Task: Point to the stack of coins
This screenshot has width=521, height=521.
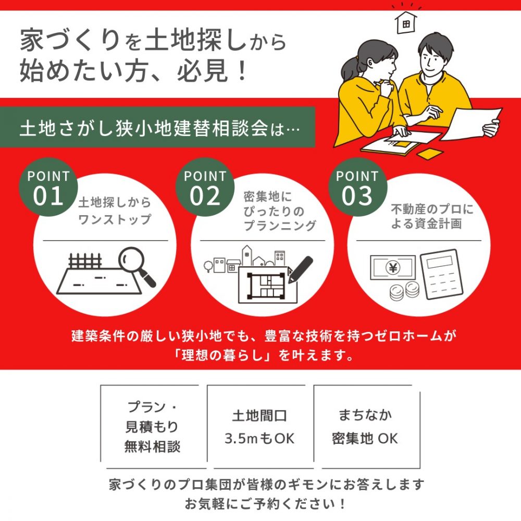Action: [404, 291]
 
